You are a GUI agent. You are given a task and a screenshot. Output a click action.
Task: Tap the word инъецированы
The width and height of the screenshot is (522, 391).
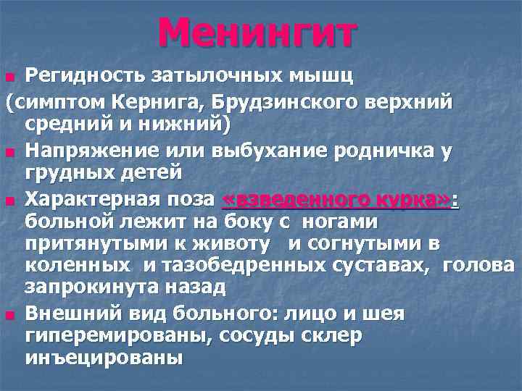pyautogui.click(x=104, y=358)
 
